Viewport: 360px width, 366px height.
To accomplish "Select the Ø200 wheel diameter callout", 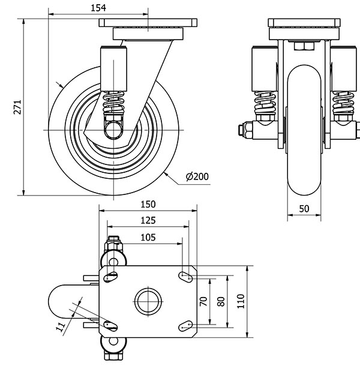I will coord(197,176).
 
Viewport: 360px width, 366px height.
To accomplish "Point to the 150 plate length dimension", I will coord(146,204).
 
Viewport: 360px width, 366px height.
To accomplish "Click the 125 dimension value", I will coord(146,220).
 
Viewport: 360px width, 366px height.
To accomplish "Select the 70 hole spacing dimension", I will coord(203,301).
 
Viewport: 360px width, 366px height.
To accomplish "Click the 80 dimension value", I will coord(221,301).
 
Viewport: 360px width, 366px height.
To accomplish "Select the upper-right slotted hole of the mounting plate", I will coord(185,275).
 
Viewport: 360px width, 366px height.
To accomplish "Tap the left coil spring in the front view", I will coord(264,104).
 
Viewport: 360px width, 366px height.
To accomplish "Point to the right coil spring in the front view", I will coord(343,104).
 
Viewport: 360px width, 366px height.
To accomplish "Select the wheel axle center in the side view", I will coord(112,129).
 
